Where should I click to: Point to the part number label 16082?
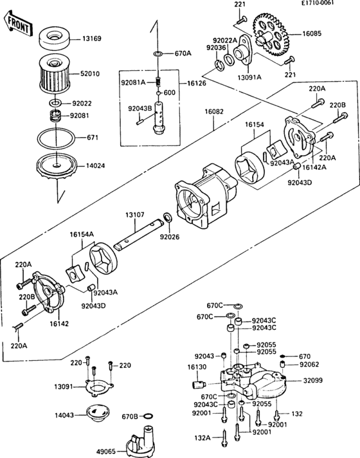[214, 111]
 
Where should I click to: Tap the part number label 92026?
[170, 237]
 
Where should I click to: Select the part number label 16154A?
[82, 234]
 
